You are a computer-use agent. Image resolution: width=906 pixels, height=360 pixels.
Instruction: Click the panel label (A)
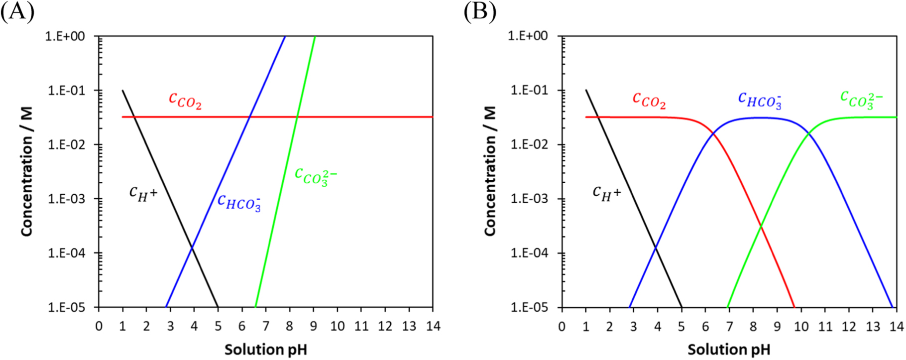click(x=17, y=11)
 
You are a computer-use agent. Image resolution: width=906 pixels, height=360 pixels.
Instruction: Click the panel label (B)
click(x=480, y=11)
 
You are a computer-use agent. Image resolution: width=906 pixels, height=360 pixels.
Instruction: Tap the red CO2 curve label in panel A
click(x=185, y=100)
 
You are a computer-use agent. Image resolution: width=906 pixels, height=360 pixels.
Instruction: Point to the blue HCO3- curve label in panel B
click(x=760, y=100)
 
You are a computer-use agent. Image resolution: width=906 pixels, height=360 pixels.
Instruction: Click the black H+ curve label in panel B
click(x=606, y=193)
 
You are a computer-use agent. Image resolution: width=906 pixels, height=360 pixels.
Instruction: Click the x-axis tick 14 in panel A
click(x=433, y=326)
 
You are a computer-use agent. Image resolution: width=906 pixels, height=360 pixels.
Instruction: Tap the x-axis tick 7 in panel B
click(x=729, y=326)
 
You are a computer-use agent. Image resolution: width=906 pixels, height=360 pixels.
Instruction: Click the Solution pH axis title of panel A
click(x=265, y=350)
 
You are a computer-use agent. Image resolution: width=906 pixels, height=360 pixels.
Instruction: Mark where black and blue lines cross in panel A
click(x=192, y=247)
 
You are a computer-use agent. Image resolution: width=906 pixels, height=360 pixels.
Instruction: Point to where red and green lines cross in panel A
click(x=297, y=117)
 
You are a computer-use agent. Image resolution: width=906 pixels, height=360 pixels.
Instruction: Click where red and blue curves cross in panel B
click(x=713, y=133)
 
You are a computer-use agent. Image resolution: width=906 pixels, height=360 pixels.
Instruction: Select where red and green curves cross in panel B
click(x=761, y=227)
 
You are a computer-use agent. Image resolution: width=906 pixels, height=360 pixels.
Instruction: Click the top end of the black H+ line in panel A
click(x=122, y=91)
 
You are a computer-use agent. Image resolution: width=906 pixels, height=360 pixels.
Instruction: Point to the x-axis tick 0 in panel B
click(x=562, y=326)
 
